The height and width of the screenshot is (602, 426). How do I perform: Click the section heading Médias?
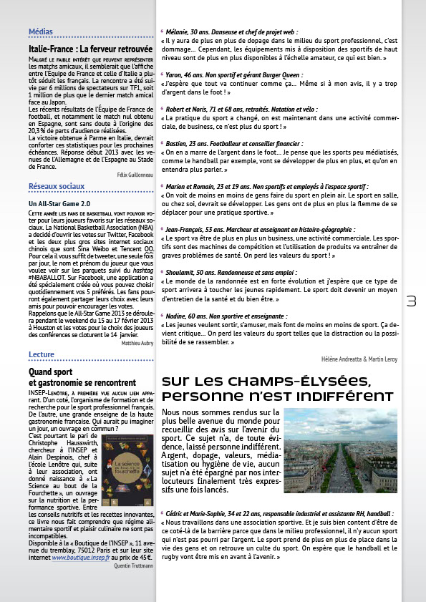39,31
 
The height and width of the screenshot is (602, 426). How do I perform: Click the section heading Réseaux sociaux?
52,187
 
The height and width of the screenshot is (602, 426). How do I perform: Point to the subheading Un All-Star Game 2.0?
58,203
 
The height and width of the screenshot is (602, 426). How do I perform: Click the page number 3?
411,301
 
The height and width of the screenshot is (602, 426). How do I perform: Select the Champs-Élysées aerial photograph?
340,450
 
